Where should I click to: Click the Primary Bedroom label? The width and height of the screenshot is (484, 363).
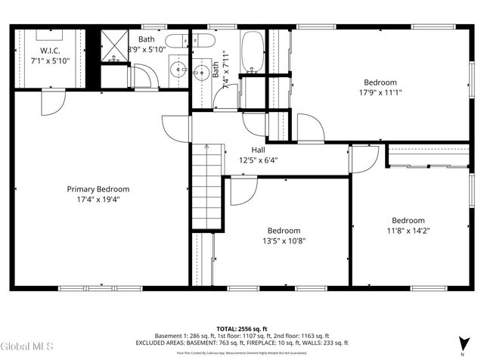point(98,189)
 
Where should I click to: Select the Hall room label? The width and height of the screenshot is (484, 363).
point(258,150)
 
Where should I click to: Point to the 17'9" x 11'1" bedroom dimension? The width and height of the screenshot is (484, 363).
point(380,93)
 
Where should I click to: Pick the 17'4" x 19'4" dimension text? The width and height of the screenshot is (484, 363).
point(98,200)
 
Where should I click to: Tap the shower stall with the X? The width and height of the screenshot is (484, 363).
point(115,46)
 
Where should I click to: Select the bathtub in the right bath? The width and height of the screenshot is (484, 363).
point(251,50)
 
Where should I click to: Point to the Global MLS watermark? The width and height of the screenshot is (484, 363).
point(27,347)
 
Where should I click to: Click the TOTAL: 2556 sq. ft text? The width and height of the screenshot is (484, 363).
point(242,329)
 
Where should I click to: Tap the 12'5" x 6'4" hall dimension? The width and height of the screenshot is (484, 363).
point(258,160)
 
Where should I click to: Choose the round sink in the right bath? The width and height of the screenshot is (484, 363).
point(202,73)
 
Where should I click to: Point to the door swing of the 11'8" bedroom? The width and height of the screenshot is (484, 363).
point(365,159)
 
